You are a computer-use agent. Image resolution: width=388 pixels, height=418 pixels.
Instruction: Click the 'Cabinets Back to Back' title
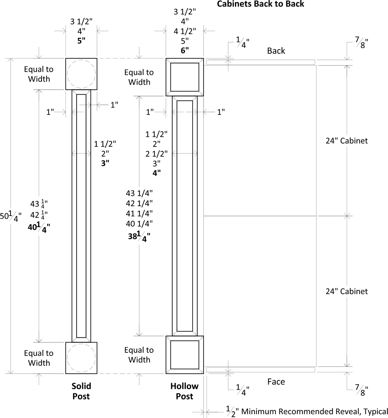click(260, 4)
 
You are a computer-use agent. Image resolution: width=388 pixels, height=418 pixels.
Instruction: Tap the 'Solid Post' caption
click(81, 391)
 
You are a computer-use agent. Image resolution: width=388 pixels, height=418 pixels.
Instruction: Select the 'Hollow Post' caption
click(184, 391)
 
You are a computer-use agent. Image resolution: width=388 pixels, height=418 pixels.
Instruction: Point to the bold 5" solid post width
click(81, 41)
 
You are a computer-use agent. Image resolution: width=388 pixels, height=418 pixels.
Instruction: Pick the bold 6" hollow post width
click(185, 50)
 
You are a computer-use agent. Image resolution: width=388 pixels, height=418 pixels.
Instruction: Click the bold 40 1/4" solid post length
click(39, 228)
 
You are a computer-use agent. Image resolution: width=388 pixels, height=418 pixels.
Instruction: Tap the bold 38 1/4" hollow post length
click(139, 237)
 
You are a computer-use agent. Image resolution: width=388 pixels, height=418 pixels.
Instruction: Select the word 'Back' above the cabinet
click(276, 51)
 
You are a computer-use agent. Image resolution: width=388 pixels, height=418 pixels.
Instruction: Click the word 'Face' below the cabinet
click(276, 381)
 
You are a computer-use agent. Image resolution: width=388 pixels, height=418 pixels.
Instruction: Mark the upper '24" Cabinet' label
click(347, 141)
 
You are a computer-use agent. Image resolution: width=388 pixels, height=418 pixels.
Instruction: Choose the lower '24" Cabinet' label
click(347, 291)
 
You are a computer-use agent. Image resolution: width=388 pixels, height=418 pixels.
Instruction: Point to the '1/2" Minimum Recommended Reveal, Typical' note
click(307, 411)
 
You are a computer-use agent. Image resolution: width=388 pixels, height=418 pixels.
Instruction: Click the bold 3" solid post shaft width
click(105, 163)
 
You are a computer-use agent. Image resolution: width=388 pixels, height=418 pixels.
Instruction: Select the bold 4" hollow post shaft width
click(157, 173)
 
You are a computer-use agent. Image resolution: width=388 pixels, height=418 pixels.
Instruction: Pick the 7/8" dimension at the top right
click(362, 43)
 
